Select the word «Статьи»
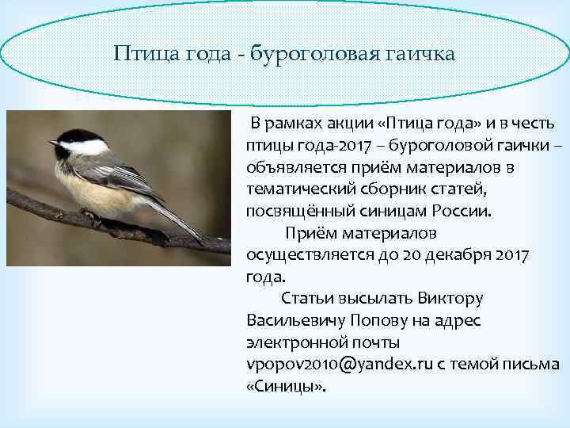coord(304,300)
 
